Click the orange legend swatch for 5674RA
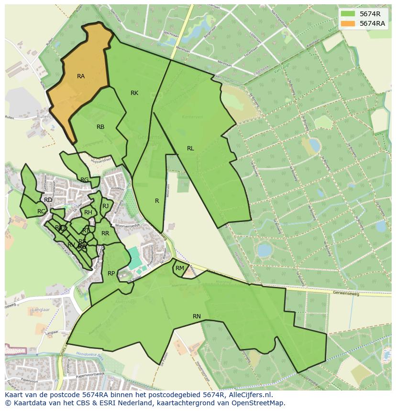click(348, 23)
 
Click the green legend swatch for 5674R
click(348, 14)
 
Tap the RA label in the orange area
click(81, 76)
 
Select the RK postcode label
click(134, 93)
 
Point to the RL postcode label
click(190, 148)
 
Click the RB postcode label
click(100, 127)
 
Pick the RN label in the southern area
click(197, 316)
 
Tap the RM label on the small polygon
click(180, 268)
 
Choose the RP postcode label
click(111, 274)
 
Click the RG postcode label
click(84, 180)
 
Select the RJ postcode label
click(105, 206)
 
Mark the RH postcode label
click(88, 212)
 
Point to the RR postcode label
click(105, 233)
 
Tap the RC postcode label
click(41, 211)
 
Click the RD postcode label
click(48, 200)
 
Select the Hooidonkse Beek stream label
click(91, 355)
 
